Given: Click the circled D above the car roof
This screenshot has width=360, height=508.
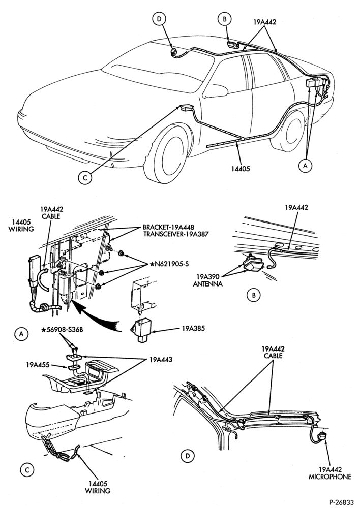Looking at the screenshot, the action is [159, 19].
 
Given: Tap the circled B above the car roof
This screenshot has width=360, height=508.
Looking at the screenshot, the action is [224, 19].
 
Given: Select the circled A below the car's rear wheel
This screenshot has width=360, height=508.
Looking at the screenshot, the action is [305, 166].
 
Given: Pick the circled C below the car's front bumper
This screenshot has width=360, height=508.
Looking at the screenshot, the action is [85, 177].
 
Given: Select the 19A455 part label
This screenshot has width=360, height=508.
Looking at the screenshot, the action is [38, 365].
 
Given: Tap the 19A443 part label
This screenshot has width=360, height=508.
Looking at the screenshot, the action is [161, 360].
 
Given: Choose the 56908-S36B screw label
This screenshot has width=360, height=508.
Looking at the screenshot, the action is [62, 330].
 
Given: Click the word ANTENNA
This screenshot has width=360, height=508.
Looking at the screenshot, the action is [207, 284].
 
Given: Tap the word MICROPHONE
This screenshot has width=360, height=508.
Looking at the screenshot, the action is [330, 477].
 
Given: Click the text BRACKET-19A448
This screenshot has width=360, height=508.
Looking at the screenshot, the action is [168, 227].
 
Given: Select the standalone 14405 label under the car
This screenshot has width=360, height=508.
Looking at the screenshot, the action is [241, 169].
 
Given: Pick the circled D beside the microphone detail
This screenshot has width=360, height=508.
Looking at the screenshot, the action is [187, 456].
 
